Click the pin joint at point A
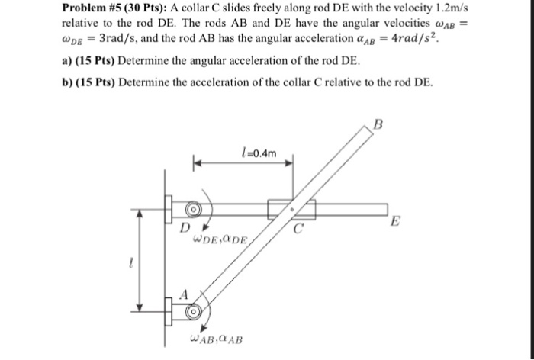click(195, 310)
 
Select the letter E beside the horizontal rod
click(393, 222)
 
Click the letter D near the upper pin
click(184, 227)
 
